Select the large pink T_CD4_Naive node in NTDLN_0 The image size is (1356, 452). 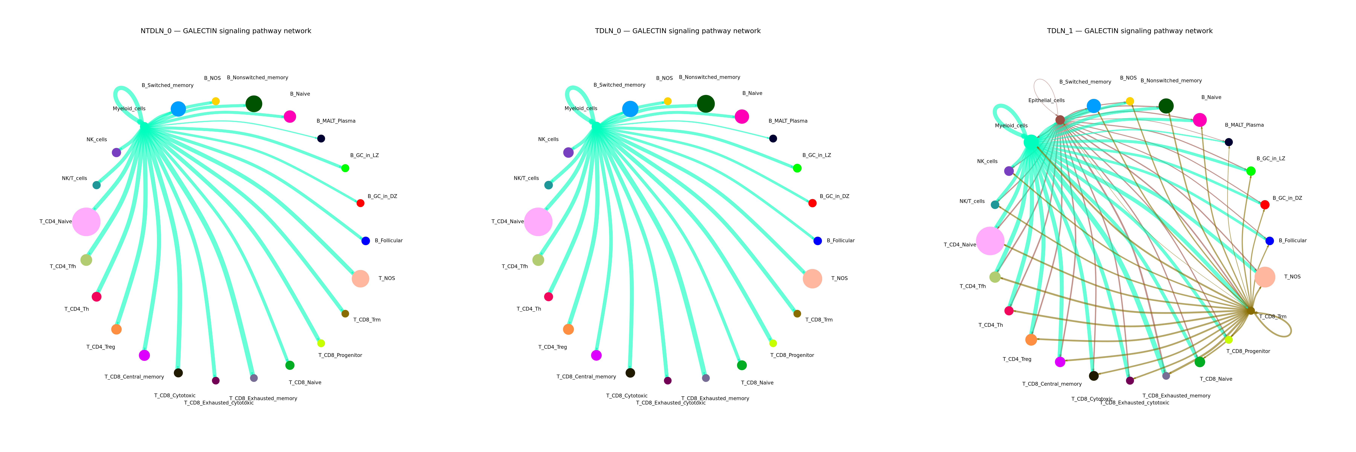click(x=86, y=221)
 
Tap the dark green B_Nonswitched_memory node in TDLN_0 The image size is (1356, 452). click(x=705, y=104)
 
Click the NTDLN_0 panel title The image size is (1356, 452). click(x=226, y=31)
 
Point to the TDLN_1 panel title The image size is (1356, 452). click(x=1130, y=31)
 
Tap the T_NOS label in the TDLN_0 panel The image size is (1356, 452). click(x=839, y=278)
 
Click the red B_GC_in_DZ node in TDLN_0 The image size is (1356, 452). click(x=812, y=203)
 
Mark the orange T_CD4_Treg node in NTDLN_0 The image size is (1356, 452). click(x=116, y=329)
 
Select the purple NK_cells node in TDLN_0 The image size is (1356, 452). click(x=568, y=153)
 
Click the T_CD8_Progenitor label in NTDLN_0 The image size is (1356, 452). click(x=340, y=355)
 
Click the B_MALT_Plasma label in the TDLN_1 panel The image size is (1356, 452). click(x=1244, y=125)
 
